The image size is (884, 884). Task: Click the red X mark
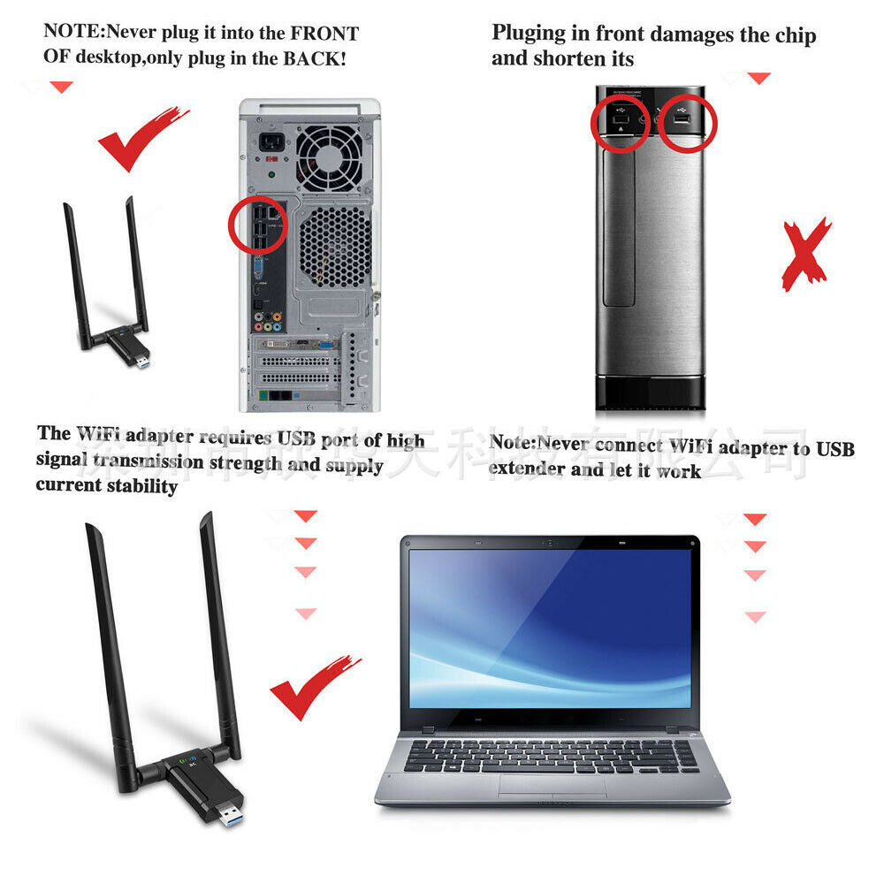click(805, 255)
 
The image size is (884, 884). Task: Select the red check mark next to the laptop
click(313, 686)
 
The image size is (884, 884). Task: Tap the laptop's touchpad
click(550, 785)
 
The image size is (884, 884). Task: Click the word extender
click(527, 469)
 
